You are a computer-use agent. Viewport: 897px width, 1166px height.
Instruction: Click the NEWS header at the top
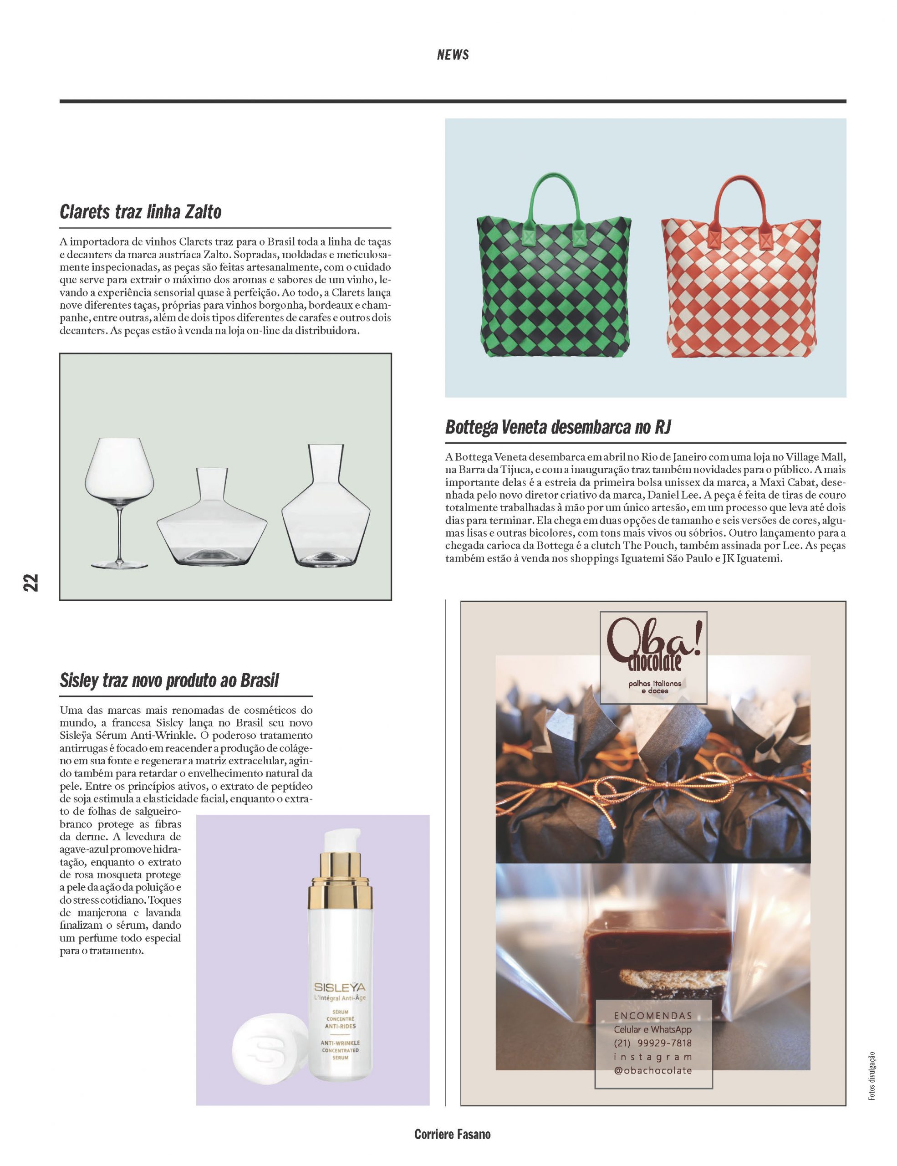coord(453,55)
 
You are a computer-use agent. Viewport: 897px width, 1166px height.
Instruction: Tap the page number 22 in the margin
coord(31,583)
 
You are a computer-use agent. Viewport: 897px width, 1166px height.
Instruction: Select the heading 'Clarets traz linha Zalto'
coord(140,212)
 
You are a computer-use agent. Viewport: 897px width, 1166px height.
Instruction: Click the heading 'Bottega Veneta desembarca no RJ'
coord(558,427)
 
